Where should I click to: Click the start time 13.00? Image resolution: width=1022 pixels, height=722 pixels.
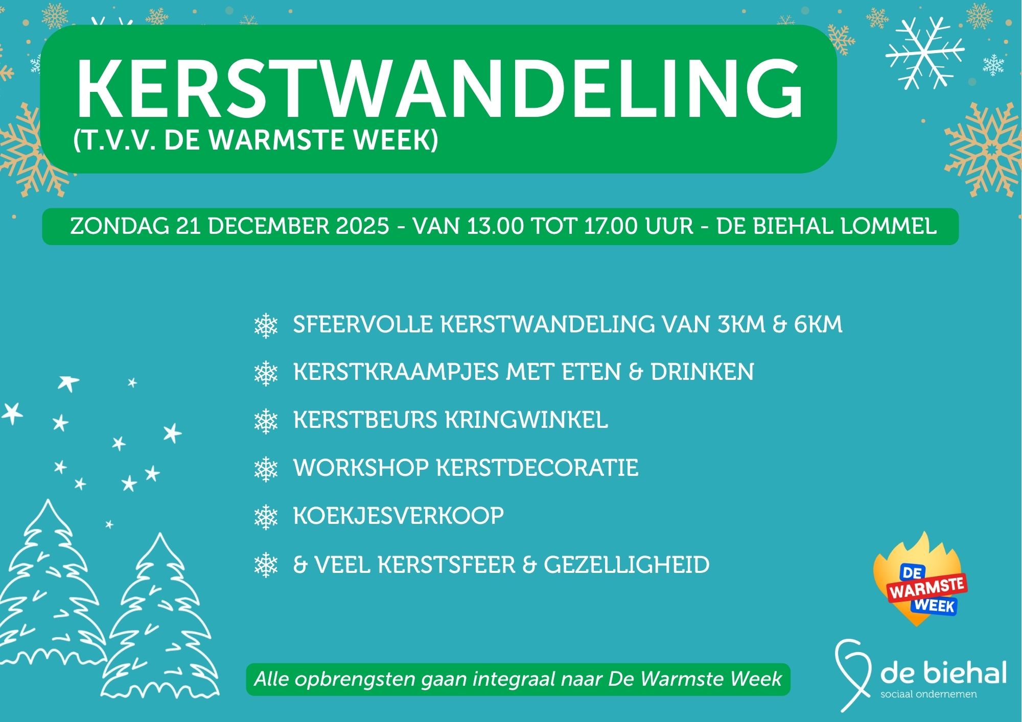(495, 226)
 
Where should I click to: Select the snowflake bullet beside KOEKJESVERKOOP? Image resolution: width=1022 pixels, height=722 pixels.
(266, 517)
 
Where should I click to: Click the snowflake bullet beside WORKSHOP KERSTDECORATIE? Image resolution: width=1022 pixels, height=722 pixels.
(266, 469)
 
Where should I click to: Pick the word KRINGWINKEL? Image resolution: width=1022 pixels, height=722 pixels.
(526, 420)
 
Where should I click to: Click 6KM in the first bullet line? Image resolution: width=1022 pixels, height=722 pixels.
(818, 324)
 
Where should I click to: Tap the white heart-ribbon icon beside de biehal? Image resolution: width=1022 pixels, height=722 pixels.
(852, 674)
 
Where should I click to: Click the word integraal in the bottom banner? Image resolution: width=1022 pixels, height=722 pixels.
(514, 679)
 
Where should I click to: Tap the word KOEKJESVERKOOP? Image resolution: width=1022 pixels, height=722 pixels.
(398, 516)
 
